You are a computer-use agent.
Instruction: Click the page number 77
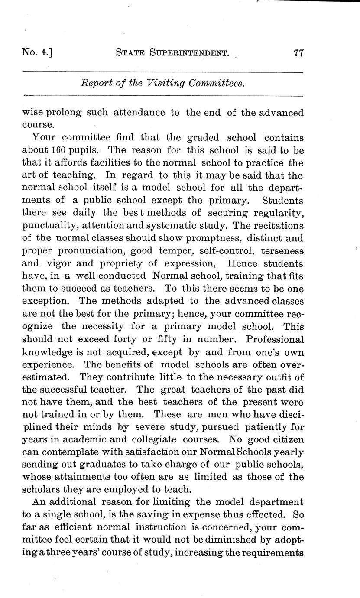[298, 53]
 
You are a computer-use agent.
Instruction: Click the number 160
[58, 150]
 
